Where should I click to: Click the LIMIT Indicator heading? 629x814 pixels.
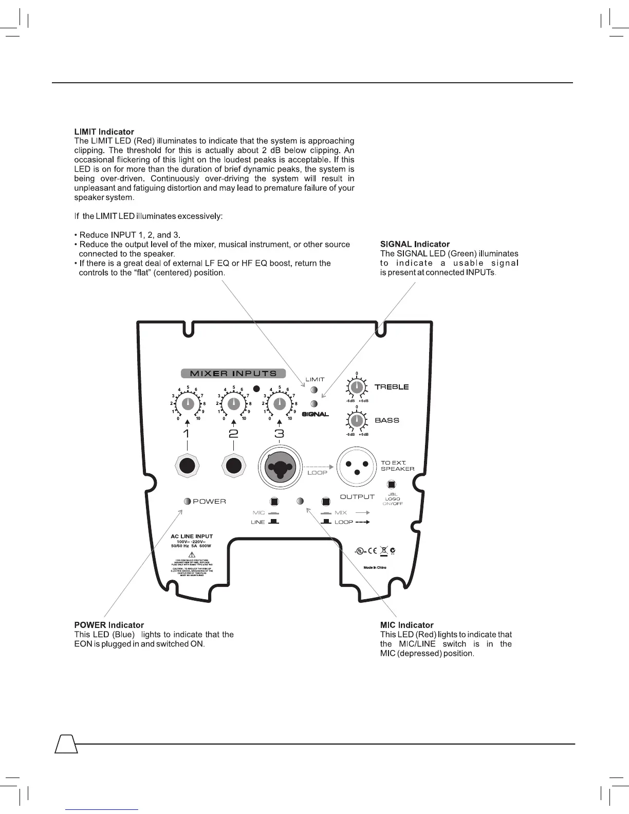click(104, 132)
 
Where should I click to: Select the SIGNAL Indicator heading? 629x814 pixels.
click(415, 244)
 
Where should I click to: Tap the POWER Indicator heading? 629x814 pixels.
click(109, 625)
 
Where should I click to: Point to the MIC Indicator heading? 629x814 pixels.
click(406, 625)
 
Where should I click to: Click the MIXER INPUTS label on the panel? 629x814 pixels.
click(233, 374)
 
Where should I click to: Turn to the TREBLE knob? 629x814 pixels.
click(357, 387)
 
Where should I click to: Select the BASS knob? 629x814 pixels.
click(357, 421)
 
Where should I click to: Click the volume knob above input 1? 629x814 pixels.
click(188, 404)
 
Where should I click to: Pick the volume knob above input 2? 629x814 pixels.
click(234, 404)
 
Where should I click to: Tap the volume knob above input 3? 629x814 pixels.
click(280, 404)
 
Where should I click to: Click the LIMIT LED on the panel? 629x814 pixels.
click(314, 390)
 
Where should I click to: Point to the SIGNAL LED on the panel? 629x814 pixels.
click(314, 404)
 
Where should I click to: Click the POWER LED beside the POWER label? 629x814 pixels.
click(188, 501)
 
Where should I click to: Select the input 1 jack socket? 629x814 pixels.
click(187, 466)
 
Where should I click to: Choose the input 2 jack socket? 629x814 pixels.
click(234, 466)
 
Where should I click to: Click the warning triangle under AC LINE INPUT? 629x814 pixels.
click(191, 554)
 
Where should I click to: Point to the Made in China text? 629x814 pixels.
click(375, 567)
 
